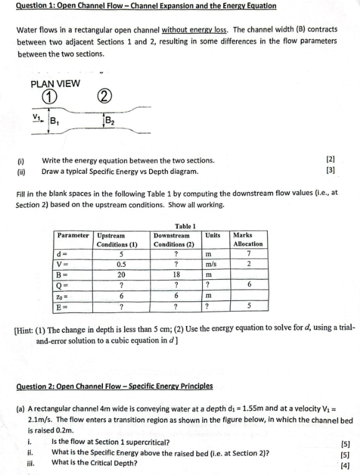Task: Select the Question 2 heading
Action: coord(114,386)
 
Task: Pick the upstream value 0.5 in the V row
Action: coord(122,264)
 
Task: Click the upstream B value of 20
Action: coord(122,274)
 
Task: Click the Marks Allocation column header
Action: coord(248,239)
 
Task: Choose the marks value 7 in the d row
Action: coord(248,254)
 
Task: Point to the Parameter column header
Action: coord(74,236)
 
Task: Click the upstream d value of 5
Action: coord(122,254)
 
